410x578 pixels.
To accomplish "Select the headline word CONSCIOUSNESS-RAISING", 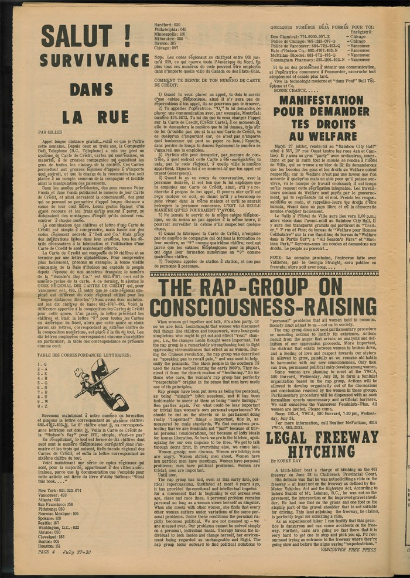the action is click(264, 308).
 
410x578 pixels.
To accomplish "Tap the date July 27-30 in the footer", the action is click(79, 568).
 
